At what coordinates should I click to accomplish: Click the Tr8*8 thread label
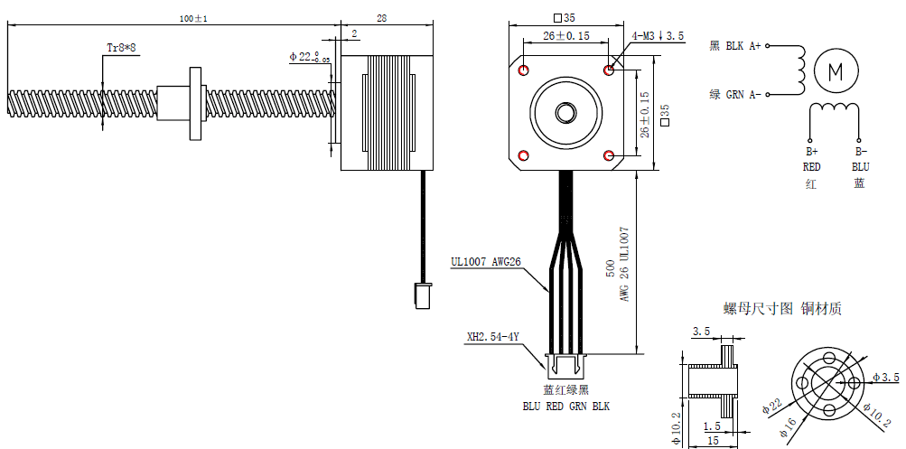click(x=121, y=47)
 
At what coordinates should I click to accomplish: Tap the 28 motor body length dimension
click(x=381, y=18)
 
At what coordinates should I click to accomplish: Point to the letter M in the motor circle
click(x=836, y=71)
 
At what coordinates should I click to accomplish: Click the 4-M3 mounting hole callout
click(x=658, y=36)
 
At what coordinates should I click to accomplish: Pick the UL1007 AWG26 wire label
click(x=487, y=263)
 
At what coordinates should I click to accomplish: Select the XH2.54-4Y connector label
click(x=492, y=337)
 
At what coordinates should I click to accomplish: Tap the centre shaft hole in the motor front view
click(x=566, y=112)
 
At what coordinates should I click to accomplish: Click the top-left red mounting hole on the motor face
click(x=525, y=70)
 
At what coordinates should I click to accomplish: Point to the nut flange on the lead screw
click(x=194, y=101)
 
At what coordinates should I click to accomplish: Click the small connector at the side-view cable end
click(x=422, y=295)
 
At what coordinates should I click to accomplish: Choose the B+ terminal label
click(x=811, y=152)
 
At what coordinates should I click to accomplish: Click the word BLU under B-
click(x=860, y=167)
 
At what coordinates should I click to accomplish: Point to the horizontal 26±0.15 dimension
click(x=566, y=36)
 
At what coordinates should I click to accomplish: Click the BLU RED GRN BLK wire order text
click(x=566, y=407)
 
